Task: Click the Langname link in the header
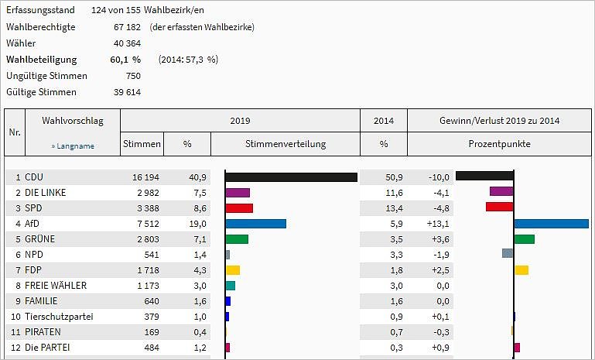(73, 145)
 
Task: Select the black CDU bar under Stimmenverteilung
(291, 177)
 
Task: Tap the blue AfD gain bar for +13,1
(551, 223)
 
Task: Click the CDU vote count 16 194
(145, 177)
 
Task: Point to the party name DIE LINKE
(47, 193)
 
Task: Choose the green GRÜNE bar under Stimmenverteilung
(237, 239)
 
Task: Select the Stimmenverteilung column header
(286, 144)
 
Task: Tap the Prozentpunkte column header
(499, 144)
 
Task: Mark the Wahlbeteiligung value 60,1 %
(125, 59)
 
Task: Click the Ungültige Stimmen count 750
(132, 76)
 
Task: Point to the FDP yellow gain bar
(521, 269)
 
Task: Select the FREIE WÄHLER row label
(56, 286)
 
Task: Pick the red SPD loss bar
(499, 207)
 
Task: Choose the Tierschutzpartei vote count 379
(151, 317)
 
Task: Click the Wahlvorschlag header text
(72, 121)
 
